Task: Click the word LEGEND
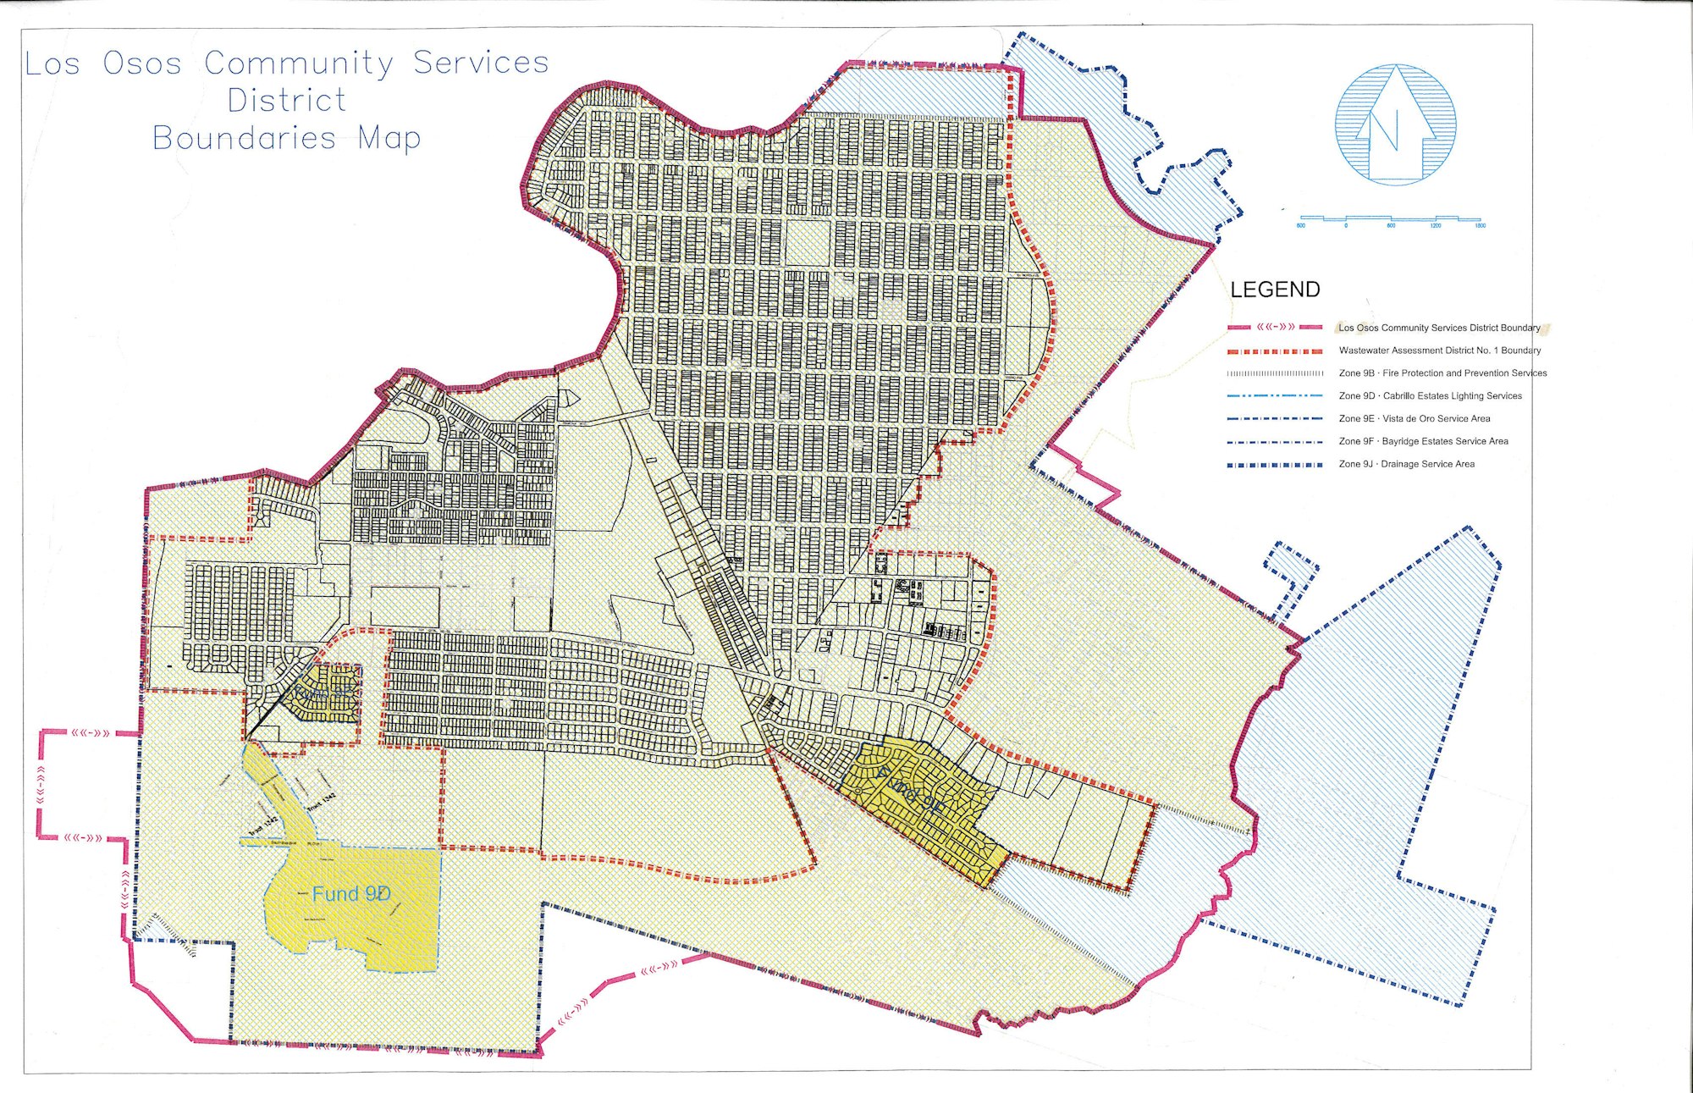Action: coord(1275,290)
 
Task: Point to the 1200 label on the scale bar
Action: coord(1436,226)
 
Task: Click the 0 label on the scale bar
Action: coord(1346,226)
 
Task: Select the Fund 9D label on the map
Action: coord(351,894)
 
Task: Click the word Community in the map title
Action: coord(299,63)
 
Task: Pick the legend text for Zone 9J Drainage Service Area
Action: coord(1406,464)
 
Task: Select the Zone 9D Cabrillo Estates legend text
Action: coord(1430,395)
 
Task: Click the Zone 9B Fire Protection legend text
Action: coord(1442,373)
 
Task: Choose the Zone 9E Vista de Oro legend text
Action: coord(1415,418)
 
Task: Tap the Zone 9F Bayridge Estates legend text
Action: coord(1423,441)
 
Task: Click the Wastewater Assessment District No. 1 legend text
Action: coord(1439,350)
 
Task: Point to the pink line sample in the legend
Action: coord(1275,327)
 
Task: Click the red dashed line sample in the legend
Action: coord(1275,351)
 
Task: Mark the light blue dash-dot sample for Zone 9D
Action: coord(1275,395)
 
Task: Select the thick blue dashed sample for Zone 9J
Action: coord(1275,465)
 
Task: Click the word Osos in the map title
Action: coord(142,63)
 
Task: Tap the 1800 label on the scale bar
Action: coord(1480,226)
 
